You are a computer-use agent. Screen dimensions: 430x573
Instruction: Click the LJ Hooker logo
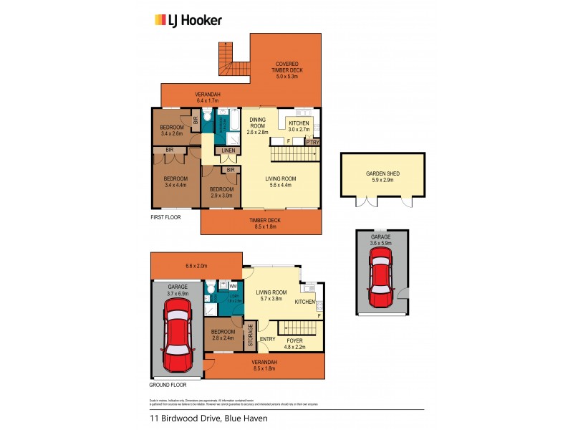coord(188,20)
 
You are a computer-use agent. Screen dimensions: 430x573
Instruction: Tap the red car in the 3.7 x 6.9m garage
coord(178,332)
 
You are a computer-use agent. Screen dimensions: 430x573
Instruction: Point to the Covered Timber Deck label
coord(286,70)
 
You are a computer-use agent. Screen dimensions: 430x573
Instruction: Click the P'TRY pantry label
coord(312,142)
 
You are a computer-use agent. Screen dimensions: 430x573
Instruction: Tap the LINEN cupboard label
coord(228,150)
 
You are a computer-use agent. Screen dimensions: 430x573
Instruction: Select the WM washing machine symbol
coord(233,286)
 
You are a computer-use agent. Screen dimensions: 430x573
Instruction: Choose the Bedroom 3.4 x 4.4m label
coord(175,182)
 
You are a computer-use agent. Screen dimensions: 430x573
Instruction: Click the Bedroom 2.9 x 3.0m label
coord(221,193)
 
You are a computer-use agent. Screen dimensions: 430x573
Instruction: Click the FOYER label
coord(294,344)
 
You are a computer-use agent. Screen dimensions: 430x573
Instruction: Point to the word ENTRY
coord(268,339)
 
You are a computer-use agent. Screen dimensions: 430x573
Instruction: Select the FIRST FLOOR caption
coord(166,216)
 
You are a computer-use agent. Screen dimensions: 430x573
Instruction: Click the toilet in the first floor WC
coord(206,117)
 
